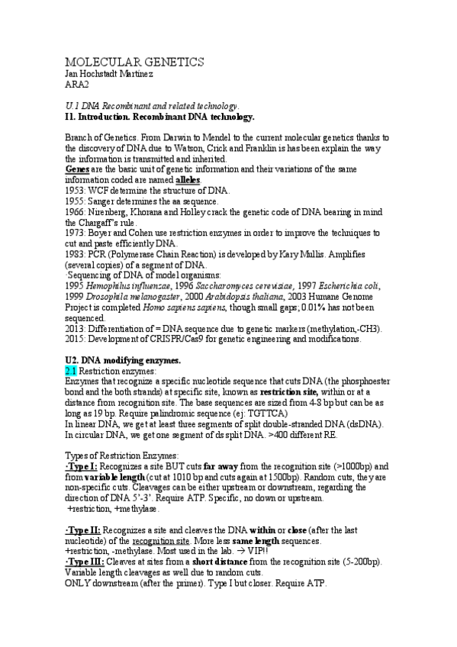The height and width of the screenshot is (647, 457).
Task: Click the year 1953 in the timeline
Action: [x=76, y=189]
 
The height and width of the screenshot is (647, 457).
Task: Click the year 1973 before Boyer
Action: [x=76, y=231]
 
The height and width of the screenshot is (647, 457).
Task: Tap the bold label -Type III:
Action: [x=85, y=562]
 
